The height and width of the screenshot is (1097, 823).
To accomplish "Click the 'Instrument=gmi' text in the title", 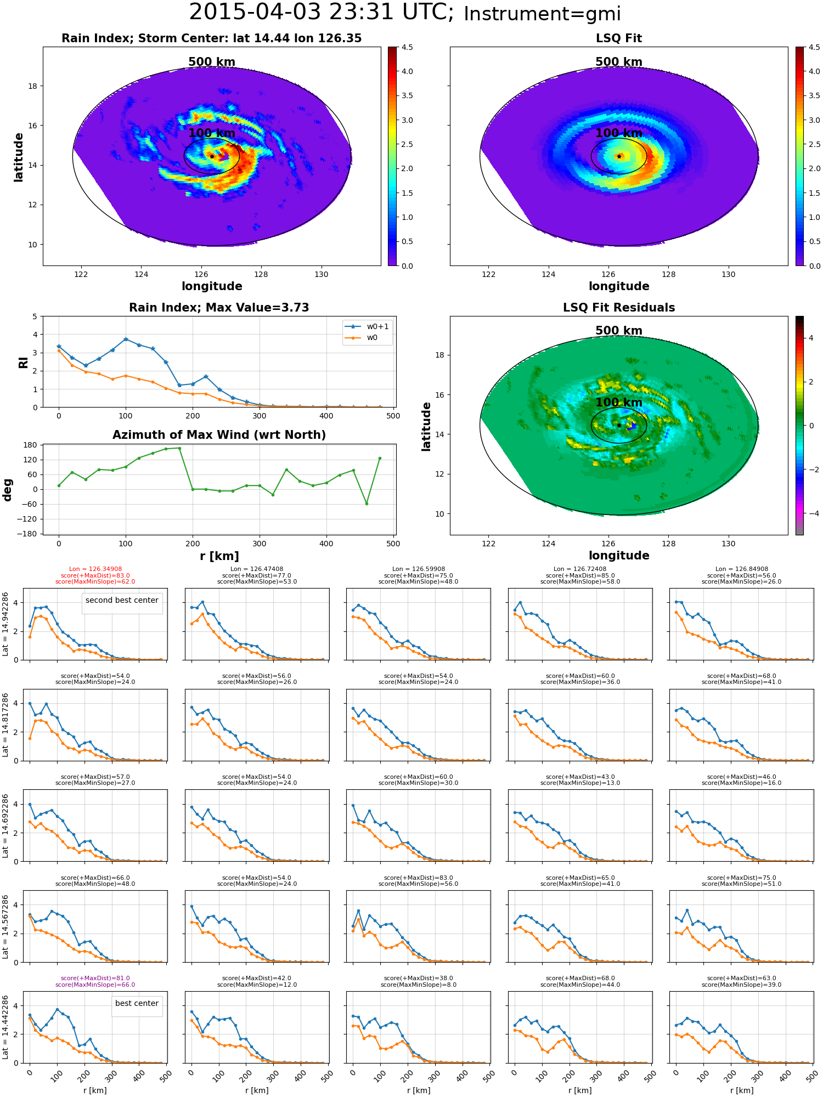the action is click(542, 14).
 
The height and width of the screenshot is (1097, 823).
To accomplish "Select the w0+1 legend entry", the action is click(367, 326).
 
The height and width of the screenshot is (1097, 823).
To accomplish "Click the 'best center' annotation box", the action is click(137, 1003).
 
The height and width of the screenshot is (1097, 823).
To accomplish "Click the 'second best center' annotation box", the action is click(122, 600).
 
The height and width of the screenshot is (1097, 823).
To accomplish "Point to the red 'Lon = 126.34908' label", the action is click(95, 569).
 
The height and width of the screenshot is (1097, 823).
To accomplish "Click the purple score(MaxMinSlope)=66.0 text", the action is click(95, 985).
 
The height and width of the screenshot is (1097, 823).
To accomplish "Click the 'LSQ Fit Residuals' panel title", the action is click(619, 308).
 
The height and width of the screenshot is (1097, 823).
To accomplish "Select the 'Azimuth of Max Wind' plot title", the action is click(219, 435).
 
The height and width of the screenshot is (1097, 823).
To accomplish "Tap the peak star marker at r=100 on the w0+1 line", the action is click(126, 339).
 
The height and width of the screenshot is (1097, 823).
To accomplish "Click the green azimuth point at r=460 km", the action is click(367, 504).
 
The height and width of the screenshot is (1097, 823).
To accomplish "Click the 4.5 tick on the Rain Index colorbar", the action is click(407, 47).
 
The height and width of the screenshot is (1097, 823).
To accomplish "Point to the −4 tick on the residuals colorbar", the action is click(810, 513).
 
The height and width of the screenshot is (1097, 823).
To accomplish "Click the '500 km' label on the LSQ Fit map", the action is click(619, 62).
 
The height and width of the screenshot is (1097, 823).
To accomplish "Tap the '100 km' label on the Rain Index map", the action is click(212, 133).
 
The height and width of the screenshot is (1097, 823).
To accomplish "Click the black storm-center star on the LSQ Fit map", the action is click(619, 156).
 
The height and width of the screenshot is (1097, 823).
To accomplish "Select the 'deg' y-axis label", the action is click(8, 490).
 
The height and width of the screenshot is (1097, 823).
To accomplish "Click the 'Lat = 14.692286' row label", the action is click(5, 825).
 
